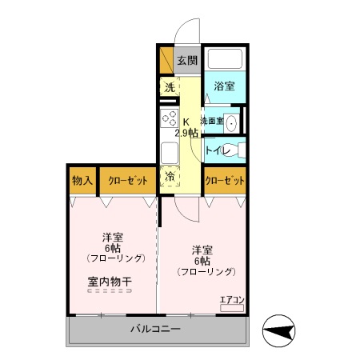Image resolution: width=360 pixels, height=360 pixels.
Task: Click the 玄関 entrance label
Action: [186, 60]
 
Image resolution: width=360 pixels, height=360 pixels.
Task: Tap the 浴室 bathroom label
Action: [224, 86]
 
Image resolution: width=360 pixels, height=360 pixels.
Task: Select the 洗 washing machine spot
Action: [169, 87]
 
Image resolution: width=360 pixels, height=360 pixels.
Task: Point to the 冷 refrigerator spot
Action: [170, 176]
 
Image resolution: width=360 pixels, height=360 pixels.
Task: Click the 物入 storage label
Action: [82, 180]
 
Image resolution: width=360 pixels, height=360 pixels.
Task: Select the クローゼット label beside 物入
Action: [127, 180]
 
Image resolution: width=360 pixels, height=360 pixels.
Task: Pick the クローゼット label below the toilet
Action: [225, 180]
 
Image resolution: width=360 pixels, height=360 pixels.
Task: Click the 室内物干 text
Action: [110, 281]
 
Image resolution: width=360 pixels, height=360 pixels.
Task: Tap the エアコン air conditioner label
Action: [232, 300]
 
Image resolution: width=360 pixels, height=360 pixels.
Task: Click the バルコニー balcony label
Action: [155, 329]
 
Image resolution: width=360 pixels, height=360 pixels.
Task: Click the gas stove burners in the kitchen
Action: [169, 121]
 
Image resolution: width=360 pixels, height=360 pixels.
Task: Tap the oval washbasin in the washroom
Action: [231, 122]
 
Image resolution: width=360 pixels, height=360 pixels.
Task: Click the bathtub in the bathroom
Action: [224, 60]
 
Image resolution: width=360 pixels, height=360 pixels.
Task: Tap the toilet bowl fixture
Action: [237, 150]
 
